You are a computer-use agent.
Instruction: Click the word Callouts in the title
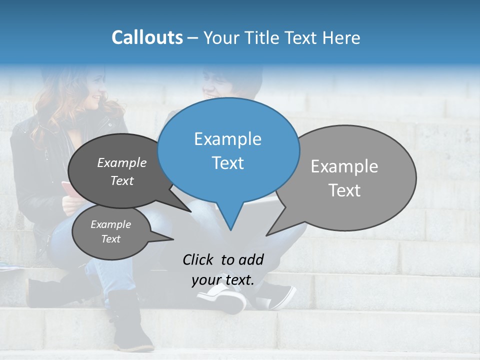click(x=147, y=37)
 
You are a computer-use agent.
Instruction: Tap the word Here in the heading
click(x=340, y=37)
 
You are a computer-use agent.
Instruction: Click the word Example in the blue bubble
click(x=227, y=139)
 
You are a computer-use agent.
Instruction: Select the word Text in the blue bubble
click(x=227, y=163)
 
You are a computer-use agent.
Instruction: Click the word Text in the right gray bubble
click(x=344, y=190)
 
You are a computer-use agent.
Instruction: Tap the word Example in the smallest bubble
click(x=110, y=224)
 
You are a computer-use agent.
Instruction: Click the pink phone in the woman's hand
click(x=67, y=189)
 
